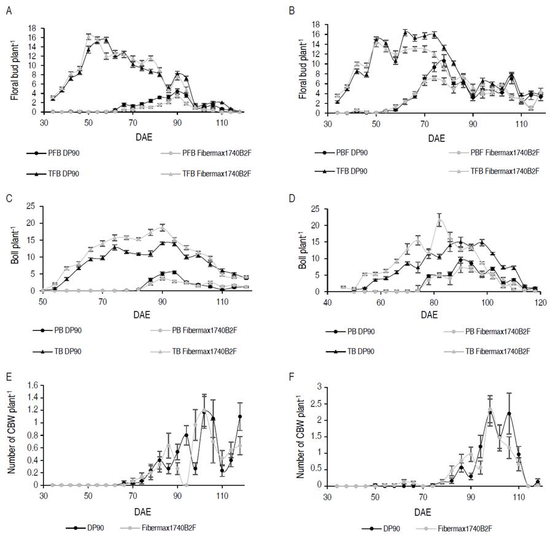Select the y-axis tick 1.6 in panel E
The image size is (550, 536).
[x=31, y=385]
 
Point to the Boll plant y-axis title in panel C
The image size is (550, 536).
[x=13, y=248]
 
